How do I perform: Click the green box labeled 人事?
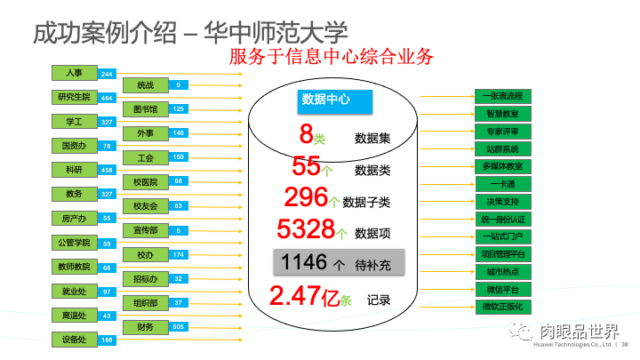[76, 73]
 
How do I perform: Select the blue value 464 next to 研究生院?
[107, 98]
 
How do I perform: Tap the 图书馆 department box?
[146, 109]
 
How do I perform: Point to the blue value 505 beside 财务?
[179, 327]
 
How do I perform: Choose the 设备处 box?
[76, 340]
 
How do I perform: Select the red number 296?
[306, 197]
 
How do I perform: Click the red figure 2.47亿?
[301, 297]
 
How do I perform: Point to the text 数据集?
[372, 139]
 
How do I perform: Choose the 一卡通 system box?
[503, 184]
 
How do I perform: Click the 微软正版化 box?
[503, 307]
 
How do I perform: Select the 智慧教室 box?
[503, 114]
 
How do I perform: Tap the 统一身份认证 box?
[503, 219]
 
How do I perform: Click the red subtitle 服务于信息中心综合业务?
[331, 57]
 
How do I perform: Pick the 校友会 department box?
[146, 206]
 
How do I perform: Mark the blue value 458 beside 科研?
[107, 170]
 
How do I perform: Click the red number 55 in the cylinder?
[306, 166]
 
